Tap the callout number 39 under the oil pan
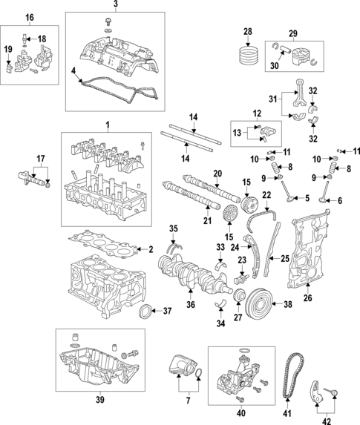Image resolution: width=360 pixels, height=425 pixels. tap(99, 401)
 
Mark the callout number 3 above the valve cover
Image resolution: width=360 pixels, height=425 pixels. tap(115, 5)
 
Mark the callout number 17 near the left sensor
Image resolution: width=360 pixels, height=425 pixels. tap(41, 157)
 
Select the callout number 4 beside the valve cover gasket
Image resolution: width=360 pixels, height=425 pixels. tap(73, 71)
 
